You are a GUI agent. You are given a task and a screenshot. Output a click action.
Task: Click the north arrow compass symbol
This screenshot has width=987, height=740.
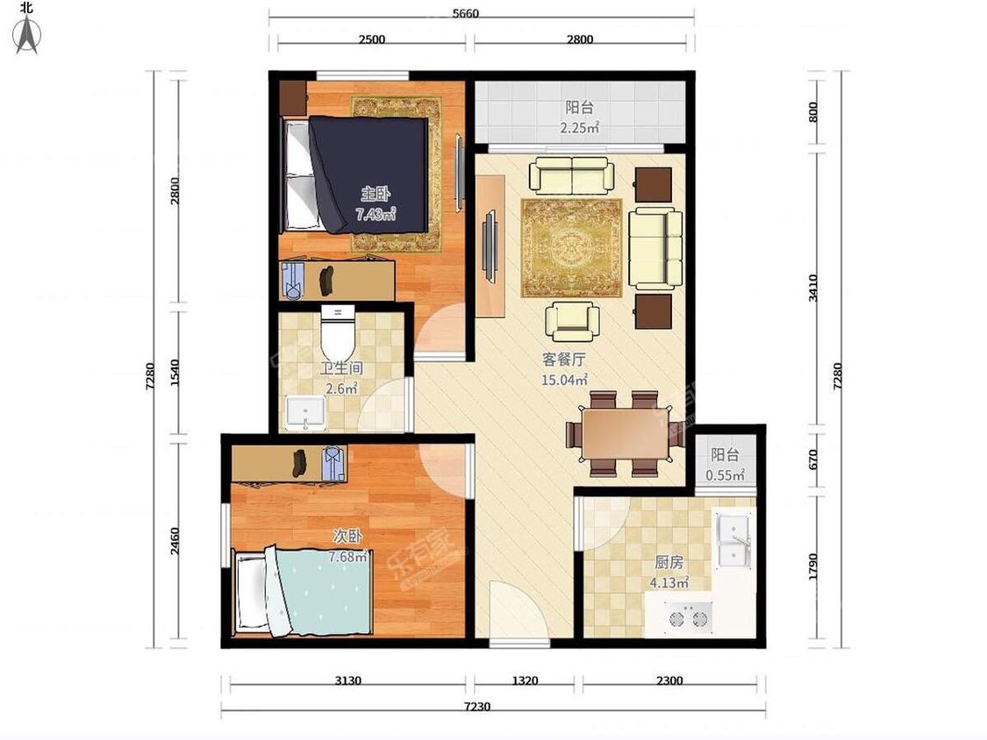click(x=27, y=35)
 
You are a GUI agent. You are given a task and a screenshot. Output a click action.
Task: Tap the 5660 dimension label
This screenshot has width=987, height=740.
click(x=465, y=13)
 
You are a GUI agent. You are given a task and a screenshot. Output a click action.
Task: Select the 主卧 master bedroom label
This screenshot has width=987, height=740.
click(x=375, y=193)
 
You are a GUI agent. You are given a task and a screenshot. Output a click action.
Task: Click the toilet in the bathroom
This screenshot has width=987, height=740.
click(x=338, y=333)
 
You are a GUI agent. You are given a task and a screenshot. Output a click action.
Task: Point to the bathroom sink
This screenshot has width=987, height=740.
click(x=306, y=412)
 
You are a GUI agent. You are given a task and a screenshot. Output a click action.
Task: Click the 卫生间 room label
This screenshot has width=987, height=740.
click(x=341, y=368)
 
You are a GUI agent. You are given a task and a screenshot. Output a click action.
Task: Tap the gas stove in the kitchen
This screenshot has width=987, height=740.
click(x=688, y=615)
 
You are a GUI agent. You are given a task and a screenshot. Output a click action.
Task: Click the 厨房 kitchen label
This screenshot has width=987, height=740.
click(x=669, y=562)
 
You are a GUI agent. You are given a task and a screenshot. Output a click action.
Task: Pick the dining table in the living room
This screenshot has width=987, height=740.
click(x=625, y=434)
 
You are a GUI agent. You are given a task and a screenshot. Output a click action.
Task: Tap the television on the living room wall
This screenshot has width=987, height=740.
click(x=490, y=246)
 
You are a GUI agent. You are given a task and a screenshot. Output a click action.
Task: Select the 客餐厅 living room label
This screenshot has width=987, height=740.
click(x=564, y=359)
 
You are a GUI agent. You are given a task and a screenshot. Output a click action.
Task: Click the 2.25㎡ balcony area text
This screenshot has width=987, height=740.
click(x=579, y=128)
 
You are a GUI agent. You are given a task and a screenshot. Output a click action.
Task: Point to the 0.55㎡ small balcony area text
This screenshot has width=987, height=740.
click(x=726, y=475)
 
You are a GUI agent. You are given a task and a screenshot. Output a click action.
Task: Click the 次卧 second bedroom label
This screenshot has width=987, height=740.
click(x=347, y=537)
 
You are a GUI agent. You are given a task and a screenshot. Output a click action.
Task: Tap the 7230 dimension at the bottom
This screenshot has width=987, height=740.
click(x=477, y=706)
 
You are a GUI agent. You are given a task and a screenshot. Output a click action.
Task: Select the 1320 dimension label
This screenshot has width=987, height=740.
click(x=525, y=680)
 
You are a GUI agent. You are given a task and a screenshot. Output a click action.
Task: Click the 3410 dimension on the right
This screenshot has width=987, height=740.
click(x=812, y=288)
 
